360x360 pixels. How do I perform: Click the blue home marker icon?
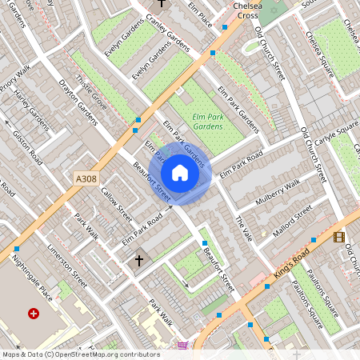pos(180,172)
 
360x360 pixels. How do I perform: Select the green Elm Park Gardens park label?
pos(208,122)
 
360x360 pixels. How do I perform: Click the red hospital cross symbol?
pos(34,314)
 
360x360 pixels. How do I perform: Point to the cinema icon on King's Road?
pos(339,237)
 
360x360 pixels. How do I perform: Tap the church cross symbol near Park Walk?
pos(138,261)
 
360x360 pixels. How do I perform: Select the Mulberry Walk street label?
pos(276,193)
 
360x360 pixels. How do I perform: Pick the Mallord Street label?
pos(292,223)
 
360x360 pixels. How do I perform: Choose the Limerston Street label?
pos(69,265)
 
